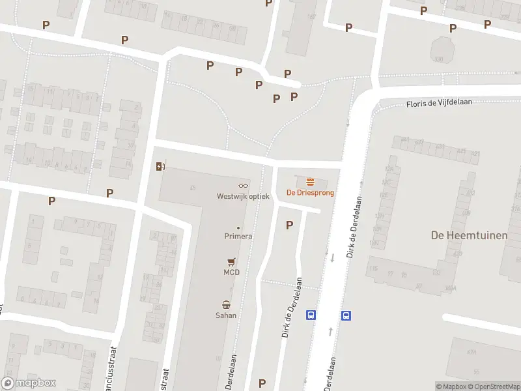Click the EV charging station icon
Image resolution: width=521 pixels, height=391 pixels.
(160, 166)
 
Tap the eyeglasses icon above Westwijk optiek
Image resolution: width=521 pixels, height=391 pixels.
(243, 186)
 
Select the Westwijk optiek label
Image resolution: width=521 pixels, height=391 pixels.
(243, 196)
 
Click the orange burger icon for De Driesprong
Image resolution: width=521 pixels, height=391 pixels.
(311, 182)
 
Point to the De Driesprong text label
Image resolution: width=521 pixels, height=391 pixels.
(311, 193)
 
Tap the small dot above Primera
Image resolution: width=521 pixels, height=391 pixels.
(238, 227)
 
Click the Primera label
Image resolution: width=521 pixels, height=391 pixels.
(238, 237)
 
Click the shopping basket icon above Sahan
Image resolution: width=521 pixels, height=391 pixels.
(226, 304)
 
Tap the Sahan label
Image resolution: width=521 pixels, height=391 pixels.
(226, 315)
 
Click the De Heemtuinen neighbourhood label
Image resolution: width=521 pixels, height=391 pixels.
(469, 235)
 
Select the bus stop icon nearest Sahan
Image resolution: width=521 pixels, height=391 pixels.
(311, 315)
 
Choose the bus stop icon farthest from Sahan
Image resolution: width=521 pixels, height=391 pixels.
(346, 315)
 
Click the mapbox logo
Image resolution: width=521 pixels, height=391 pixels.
(29, 383)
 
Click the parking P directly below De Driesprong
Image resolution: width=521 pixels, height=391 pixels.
(289, 225)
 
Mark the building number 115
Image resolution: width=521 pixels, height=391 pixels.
(373, 268)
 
